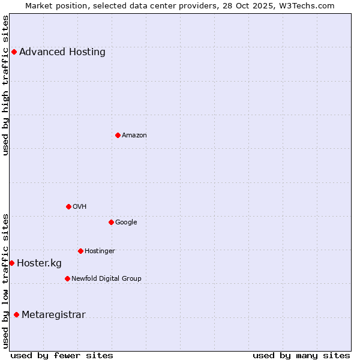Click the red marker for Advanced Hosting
pyautogui.click(x=14, y=52)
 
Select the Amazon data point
pyautogui.click(x=118, y=135)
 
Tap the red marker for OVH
pyautogui.click(x=68, y=206)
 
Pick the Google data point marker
pyautogui.click(x=111, y=222)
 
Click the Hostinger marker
pyautogui.click(x=80, y=251)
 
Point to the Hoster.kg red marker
pyautogui.click(x=11, y=263)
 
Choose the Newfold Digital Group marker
pyautogui.click(x=67, y=278)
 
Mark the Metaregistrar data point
pyautogui.click(x=16, y=314)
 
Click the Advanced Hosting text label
pyautogui.click(x=62, y=52)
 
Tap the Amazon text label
pyautogui.click(x=134, y=135)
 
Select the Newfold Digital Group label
pyautogui.click(x=106, y=278)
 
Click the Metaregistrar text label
pyautogui.click(x=53, y=314)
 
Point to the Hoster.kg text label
pyautogui.click(x=39, y=263)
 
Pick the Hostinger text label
pyautogui.click(x=100, y=251)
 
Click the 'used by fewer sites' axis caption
pyautogui.click(x=62, y=355)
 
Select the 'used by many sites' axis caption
pyautogui.click(x=301, y=355)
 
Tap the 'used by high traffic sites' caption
pyautogui.click(x=6, y=85)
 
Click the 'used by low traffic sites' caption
pyautogui.click(x=6, y=280)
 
